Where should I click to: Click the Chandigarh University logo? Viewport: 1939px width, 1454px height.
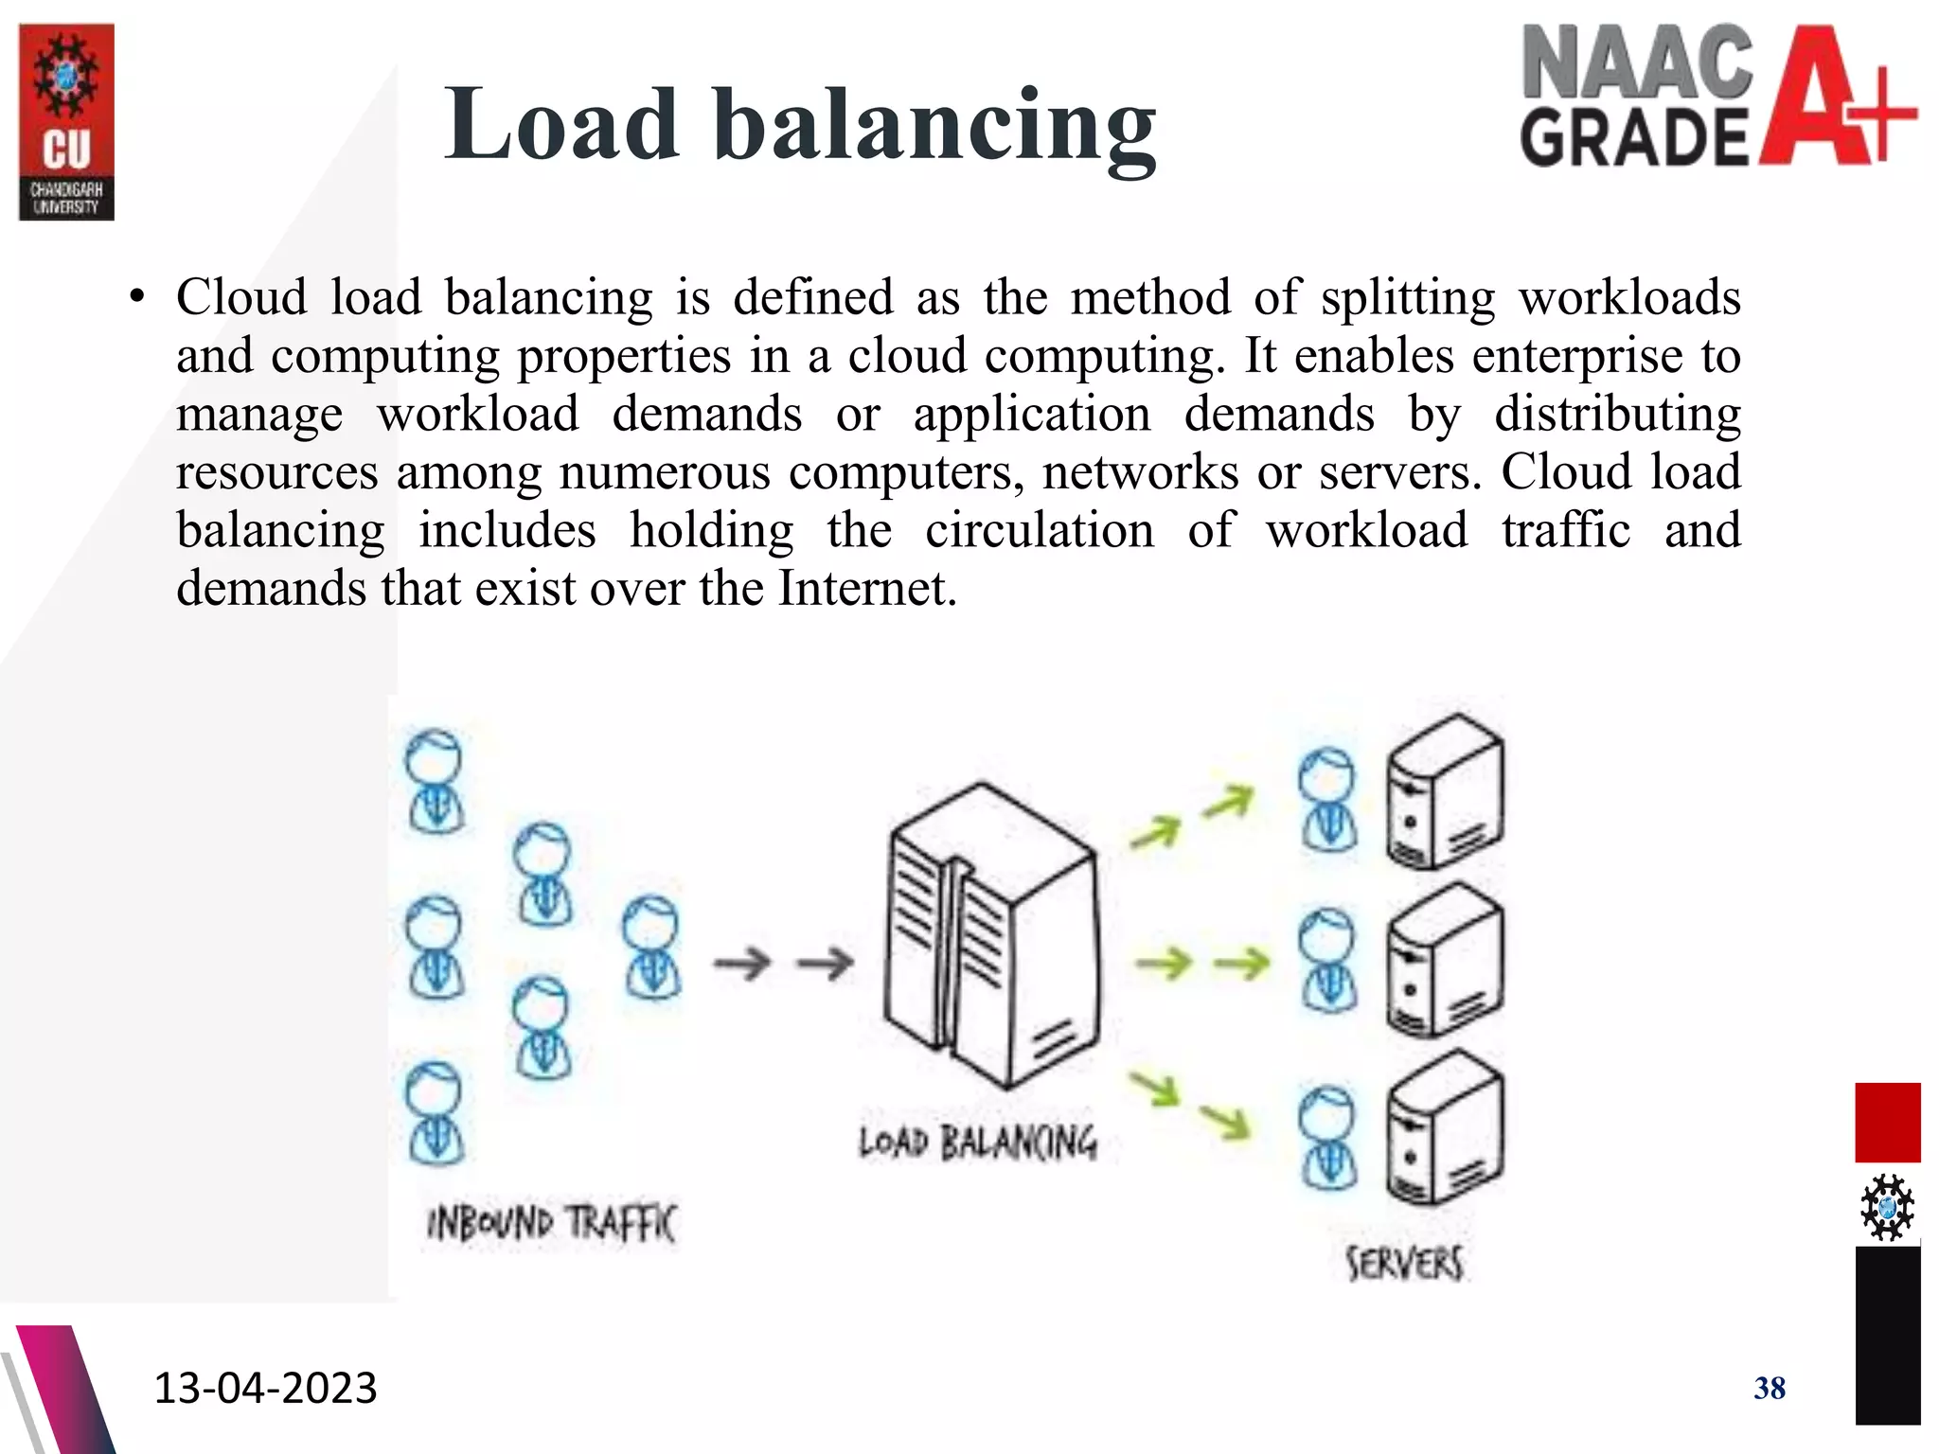coord(66,122)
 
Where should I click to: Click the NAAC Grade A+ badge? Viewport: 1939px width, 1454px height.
coord(1717,97)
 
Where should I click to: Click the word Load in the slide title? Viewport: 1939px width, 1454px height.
coord(561,124)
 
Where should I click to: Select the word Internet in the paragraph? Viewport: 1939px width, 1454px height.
coord(863,589)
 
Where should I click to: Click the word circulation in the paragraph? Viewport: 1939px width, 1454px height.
coord(1039,530)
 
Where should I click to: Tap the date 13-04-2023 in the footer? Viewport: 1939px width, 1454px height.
coord(265,1388)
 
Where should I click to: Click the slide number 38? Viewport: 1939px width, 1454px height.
coord(1769,1388)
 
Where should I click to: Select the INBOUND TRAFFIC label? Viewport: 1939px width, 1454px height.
coord(551,1223)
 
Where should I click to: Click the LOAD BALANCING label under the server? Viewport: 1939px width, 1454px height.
coord(977,1142)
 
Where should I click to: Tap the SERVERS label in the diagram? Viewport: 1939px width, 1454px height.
coord(1404,1263)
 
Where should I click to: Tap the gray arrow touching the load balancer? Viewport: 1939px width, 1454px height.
coord(826,964)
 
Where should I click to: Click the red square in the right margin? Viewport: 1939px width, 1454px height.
coord(1887,1123)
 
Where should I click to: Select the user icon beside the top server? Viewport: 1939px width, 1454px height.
coord(1327,801)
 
